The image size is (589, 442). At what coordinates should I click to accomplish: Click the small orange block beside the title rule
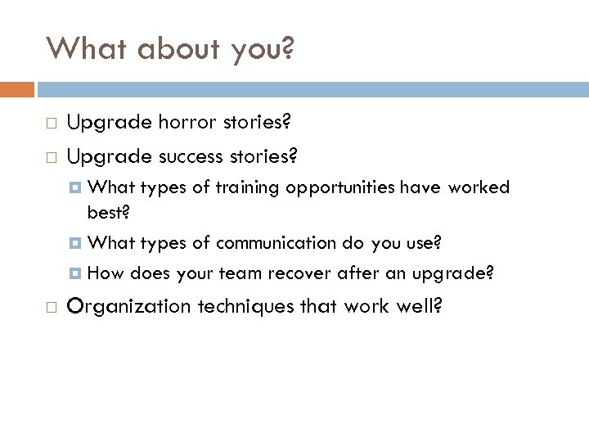coord(17,88)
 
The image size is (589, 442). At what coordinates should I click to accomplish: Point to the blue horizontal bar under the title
coord(312,88)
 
